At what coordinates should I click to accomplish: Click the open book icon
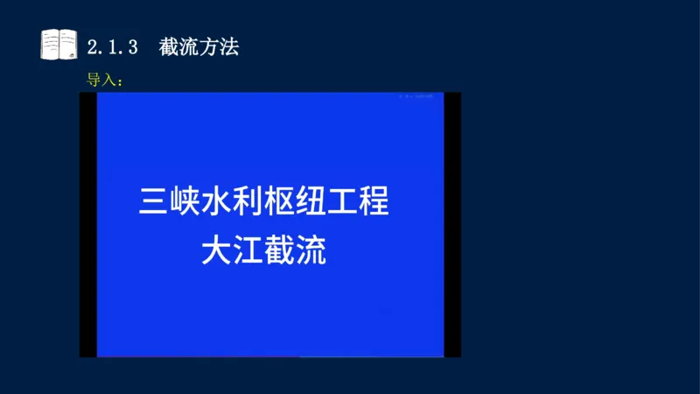tap(59, 45)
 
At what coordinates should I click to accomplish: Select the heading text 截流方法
tap(199, 47)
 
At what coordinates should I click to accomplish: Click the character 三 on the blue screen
tap(154, 202)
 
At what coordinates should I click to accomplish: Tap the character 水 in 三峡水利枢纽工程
tap(217, 202)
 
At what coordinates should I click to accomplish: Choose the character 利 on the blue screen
tap(248, 202)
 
